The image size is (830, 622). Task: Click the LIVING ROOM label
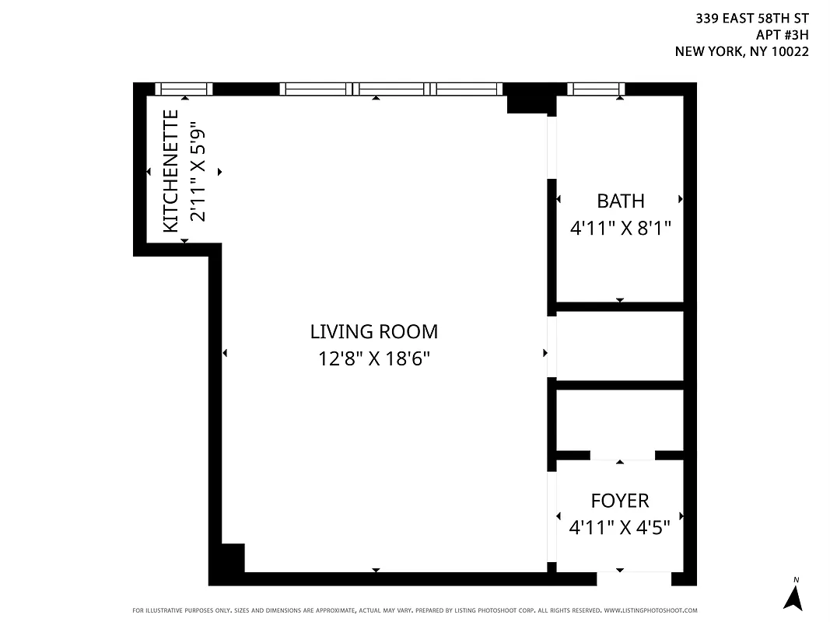(x=374, y=332)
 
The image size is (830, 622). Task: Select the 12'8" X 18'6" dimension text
(x=374, y=358)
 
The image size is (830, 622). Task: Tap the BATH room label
(x=620, y=201)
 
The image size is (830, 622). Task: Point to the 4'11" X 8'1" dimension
(x=620, y=229)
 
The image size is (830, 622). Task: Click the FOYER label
(x=620, y=501)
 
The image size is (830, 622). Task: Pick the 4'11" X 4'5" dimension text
(x=620, y=528)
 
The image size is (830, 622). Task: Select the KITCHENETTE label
(x=171, y=171)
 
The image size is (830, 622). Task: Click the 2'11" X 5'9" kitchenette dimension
(x=198, y=175)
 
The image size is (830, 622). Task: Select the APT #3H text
(x=783, y=35)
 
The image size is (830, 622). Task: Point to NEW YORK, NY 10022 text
(x=741, y=52)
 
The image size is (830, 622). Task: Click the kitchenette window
(x=184, y=89)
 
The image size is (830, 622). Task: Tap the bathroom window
(x=597, y=89)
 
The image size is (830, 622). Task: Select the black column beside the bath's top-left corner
(x=529, y=102)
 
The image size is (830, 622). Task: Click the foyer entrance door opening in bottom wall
(x=633, y=578)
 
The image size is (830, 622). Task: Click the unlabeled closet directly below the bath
(x=620, y=346)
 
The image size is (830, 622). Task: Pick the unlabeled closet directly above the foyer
(x=620, y=420)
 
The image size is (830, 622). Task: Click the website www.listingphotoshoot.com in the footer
(x=650, y=611)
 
